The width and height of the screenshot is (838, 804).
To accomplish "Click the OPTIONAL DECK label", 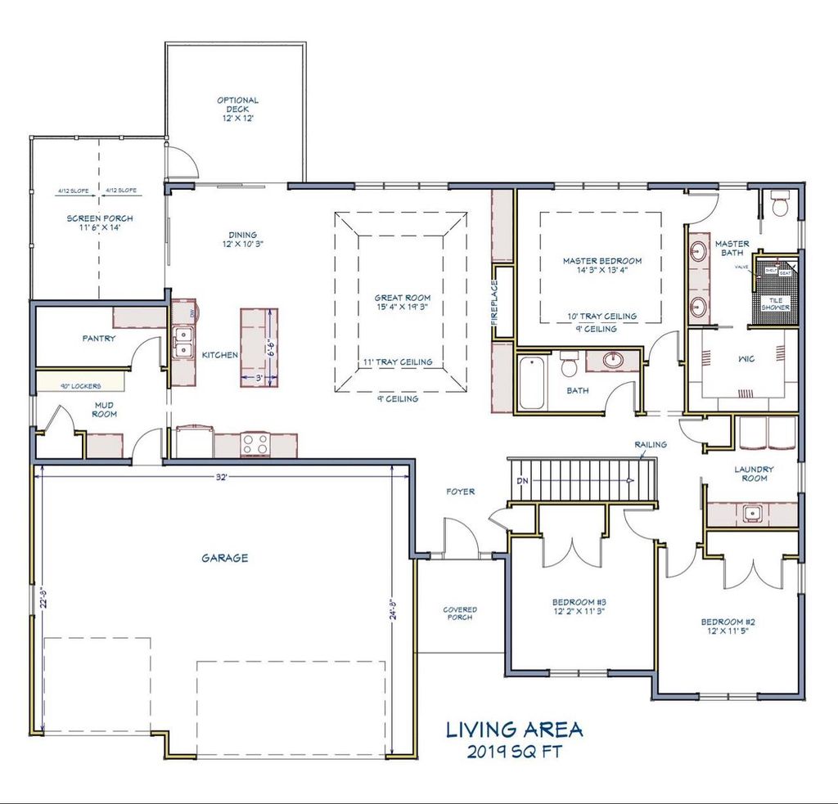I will pos(238,110).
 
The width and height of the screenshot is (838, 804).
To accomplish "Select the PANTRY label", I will pos(98,339).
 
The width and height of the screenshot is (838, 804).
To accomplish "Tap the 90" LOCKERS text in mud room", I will pos(80,386).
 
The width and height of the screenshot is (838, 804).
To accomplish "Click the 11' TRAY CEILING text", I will pos(398,362).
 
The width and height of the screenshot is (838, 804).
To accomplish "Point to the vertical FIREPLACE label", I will pos(494,303).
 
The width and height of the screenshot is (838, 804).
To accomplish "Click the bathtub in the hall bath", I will pos(531,382).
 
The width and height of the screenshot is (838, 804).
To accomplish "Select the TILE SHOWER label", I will pos(774,303).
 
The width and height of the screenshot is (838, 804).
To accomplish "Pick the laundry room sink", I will pos(752,514).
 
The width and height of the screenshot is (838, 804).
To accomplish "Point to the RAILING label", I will pos(650,444).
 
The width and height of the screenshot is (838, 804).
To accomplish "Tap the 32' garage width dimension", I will pos(221,478).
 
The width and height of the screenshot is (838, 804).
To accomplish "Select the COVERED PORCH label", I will pos(460,613).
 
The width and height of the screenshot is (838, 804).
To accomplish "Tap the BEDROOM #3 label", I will pos(578,606).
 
